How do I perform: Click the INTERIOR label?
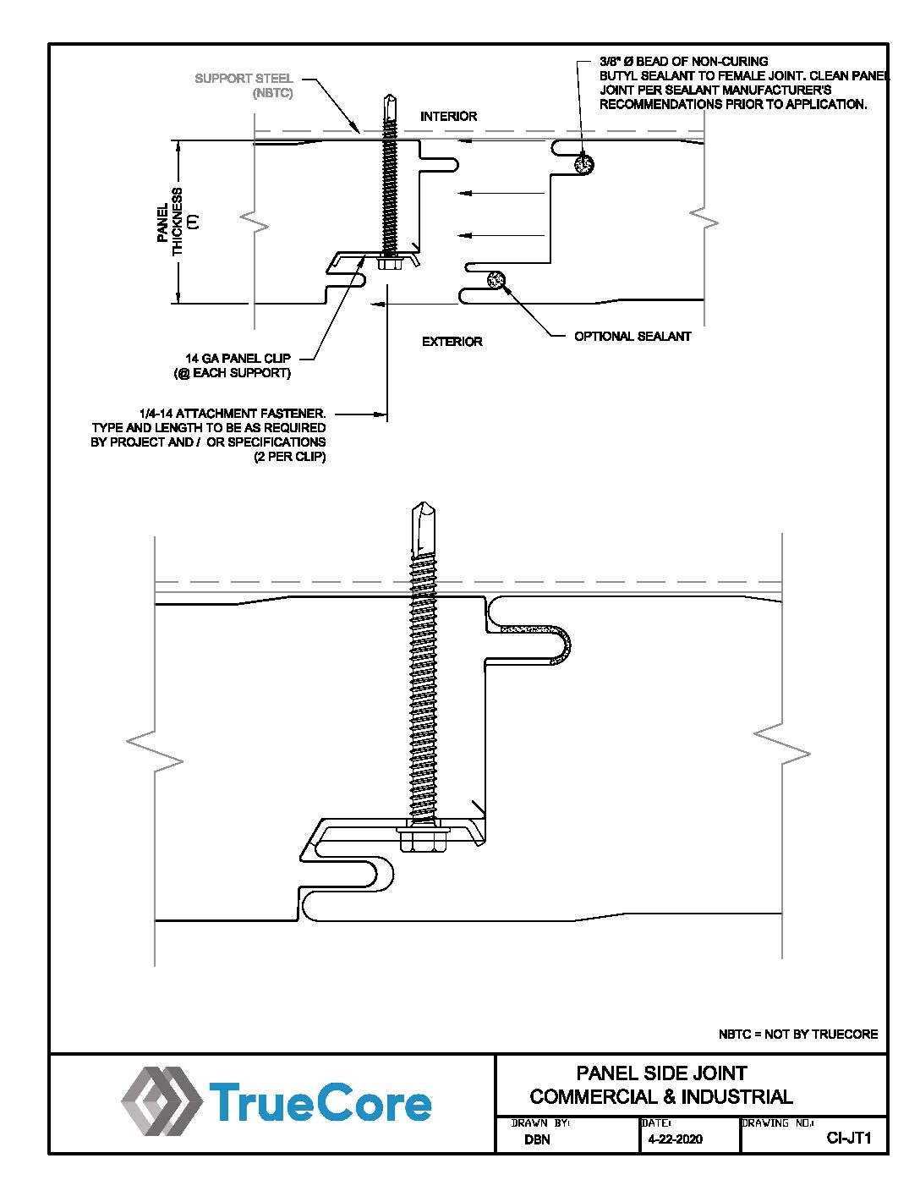pos(448,116)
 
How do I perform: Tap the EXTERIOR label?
pos(452,342)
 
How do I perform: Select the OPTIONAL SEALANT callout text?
pos(632,336)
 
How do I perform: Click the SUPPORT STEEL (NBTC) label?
pos(244,85)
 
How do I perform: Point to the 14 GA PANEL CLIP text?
pos(238,359)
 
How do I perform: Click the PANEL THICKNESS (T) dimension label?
pos(178,222)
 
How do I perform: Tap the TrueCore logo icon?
pos(162,1101)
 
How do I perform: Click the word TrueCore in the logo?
pos(320,1101)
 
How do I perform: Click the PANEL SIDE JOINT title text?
pos(662,1073)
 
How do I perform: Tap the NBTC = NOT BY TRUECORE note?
pos(797,1035)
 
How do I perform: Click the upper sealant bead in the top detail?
pos(584,163)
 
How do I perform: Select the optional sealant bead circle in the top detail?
pos(496,280)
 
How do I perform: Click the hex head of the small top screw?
pos(388,262)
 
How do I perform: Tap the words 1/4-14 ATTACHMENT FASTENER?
pos(233,414)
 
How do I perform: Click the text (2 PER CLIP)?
pos(290,457)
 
